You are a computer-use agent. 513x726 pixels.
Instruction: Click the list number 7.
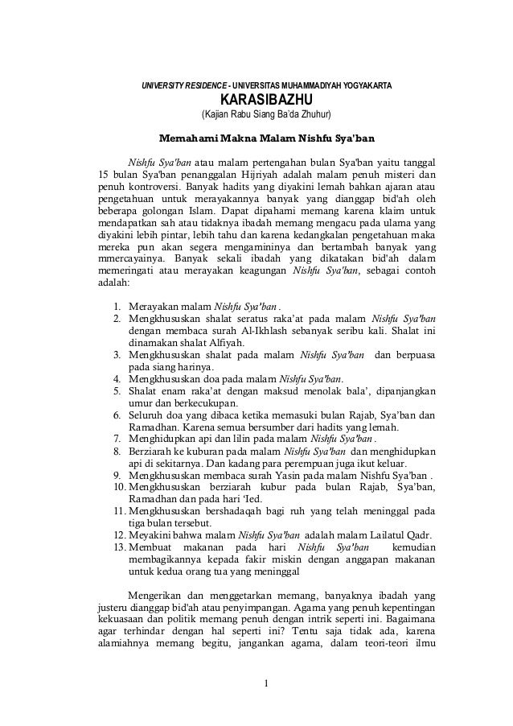117,438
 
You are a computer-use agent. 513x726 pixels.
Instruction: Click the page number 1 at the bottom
265,686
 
